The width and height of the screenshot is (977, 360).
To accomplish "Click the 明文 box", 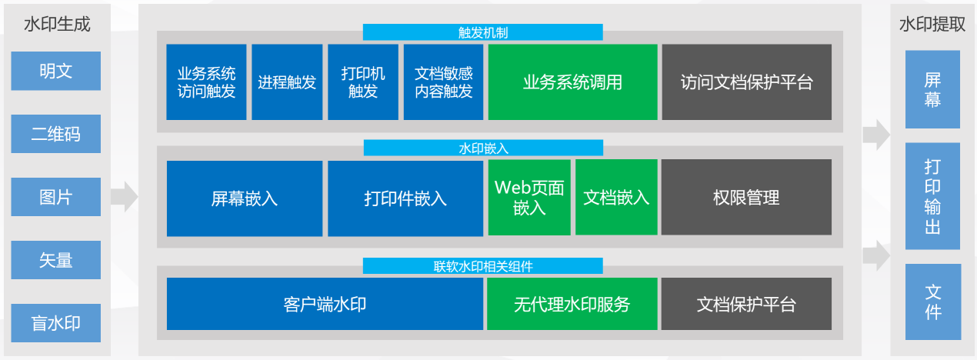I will pyautogui.click(x=55, y=71).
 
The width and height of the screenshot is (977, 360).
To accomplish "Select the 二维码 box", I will pyautogui.click(x=55, y=134).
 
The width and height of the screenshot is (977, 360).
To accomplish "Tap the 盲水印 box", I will pyautogui.click(x=55, y=323).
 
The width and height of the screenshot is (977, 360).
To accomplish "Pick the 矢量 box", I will pyautogui.click(x=55, y=260).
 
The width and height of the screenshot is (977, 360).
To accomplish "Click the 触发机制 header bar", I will pyautogui.click(x=482, y=32).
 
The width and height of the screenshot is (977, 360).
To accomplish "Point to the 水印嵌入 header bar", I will pyautogui.click(x=482, y=148).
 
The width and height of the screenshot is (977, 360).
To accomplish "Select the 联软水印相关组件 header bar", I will pyautogui.click(x=482, y=266).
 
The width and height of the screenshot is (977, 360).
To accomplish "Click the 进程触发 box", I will pyautogui.click(x=287, y=82).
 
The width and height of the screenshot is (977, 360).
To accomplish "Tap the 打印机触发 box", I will pyautogui.click(x=363, y=82).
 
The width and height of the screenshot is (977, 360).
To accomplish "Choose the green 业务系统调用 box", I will pyautogui.click(x=572, y=82).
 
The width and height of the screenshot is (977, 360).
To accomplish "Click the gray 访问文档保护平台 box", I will pyautogui.click(x=746, y=82).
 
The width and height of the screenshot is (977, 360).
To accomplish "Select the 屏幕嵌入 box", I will pyautogui.click(x=245, y=198).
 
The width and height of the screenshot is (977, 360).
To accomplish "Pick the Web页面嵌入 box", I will pyautogui.click(x=529, y=198).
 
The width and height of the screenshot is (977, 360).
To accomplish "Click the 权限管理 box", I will pyautogui.click(x=746, y=198).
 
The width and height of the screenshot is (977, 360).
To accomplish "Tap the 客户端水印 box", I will pyautogui.click(x=325, y=304).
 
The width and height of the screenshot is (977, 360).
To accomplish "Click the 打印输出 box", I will pyautogui.click(x=932, y=196).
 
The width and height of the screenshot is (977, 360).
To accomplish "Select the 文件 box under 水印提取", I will pyautogui.click(x=932, y=302).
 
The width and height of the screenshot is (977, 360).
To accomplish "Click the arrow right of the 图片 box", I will pyautogui.click(x=124, y=197).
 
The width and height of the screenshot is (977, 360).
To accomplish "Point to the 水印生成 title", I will pyautogui.click(x=57, y=25).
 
